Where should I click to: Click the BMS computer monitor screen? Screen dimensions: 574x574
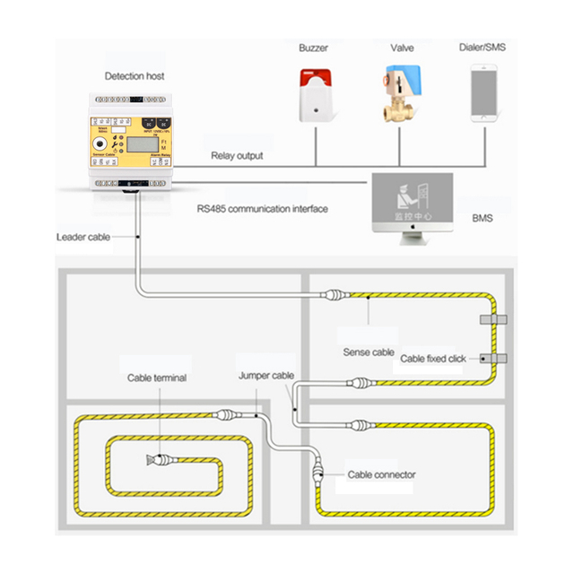click(412, 203)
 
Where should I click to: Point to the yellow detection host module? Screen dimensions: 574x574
click(137, 142)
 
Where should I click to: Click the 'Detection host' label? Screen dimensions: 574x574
click(135, 76)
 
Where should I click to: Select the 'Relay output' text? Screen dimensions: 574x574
click(237, 156)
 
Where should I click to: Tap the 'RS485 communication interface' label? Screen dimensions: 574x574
click(262, 209)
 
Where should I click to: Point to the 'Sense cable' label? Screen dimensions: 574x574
click(369, 352)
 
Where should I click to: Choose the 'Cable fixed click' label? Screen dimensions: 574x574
click(433, 359)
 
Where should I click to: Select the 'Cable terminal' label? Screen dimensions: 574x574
click(157, 378)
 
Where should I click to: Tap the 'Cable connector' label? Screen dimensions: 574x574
click(382, 474)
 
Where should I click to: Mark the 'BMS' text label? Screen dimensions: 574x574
click(483, 218)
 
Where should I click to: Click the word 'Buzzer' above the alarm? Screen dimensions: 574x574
click(313, 47)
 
